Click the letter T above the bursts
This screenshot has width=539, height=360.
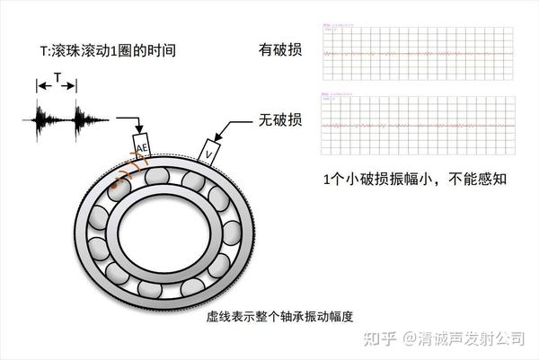click(x=57, y=79)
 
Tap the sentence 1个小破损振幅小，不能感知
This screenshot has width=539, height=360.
click(x=416, y=178)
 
